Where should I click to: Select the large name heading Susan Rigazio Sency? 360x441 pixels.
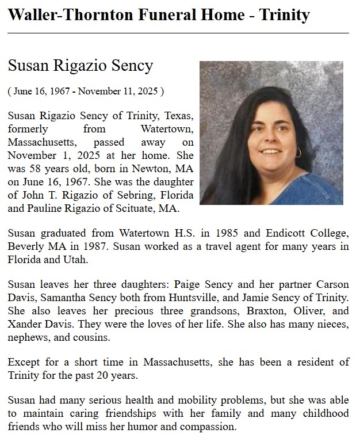point(81,66)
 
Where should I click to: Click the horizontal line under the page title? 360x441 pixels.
point(178,33)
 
